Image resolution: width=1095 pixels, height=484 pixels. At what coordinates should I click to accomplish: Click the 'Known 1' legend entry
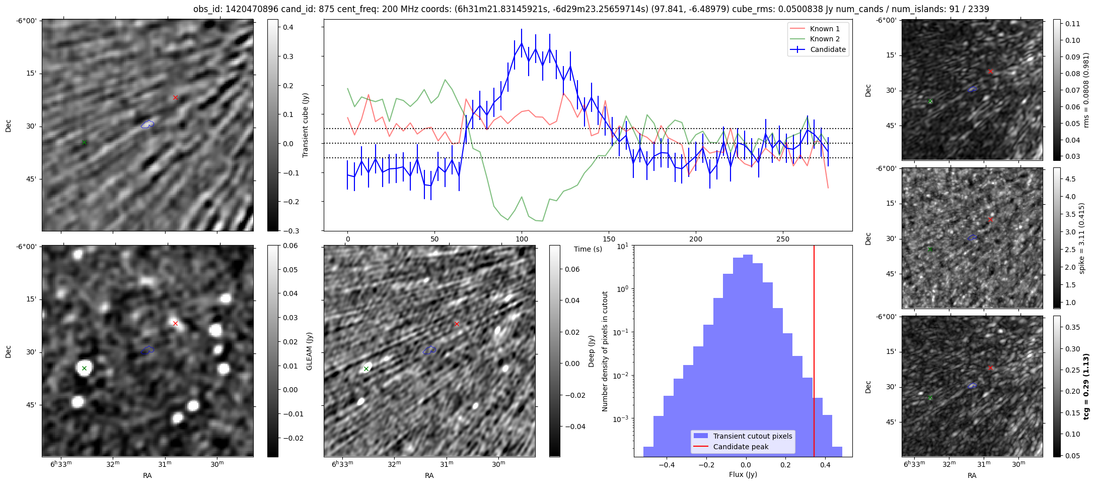(824, 29)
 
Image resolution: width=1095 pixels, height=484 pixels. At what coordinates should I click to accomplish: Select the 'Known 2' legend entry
(824, 39)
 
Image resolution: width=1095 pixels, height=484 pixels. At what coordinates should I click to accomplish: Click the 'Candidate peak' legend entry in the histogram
(741, 447)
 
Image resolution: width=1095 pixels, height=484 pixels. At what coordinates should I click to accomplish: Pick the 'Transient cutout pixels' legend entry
(752, 436)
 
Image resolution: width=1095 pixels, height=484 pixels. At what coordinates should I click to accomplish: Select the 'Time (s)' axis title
(588, 249)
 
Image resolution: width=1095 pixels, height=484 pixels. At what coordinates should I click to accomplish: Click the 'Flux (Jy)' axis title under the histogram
(743, 474)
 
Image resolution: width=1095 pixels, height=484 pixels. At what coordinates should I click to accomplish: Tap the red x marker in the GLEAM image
(175, 324)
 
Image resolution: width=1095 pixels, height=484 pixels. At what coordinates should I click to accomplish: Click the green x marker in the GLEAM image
(84, 369)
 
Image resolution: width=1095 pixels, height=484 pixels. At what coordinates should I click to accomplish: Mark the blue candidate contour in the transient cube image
(147, 124)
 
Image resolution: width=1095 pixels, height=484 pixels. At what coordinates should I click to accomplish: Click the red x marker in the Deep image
(457, 324)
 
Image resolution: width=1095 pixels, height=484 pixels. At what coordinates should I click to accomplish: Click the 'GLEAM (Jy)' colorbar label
(309, 351)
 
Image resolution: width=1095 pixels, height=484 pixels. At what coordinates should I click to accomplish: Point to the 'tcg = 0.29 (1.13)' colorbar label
(1086, 386)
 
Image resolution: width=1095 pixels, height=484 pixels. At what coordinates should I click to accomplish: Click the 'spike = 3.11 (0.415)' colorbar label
(1081, 238)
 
